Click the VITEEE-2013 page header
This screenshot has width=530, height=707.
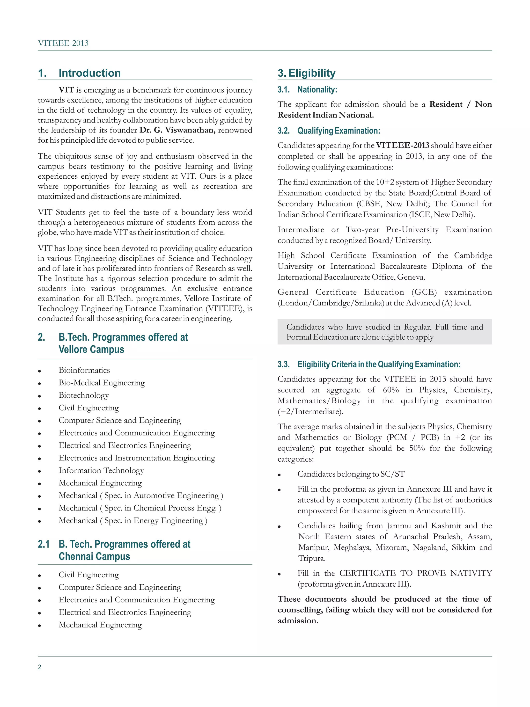63,43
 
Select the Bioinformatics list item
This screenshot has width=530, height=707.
84,370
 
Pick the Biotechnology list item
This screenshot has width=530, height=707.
83,395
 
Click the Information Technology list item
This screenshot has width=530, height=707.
101,470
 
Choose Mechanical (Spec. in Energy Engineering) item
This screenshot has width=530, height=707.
132,520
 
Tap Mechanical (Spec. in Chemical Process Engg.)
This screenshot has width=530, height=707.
139,508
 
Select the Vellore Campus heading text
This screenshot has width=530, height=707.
91,349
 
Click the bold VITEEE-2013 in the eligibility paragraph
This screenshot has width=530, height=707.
402,145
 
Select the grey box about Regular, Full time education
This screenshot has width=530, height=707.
384,332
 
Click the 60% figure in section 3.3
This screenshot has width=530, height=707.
391,390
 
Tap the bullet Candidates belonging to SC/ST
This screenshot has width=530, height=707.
351,474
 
